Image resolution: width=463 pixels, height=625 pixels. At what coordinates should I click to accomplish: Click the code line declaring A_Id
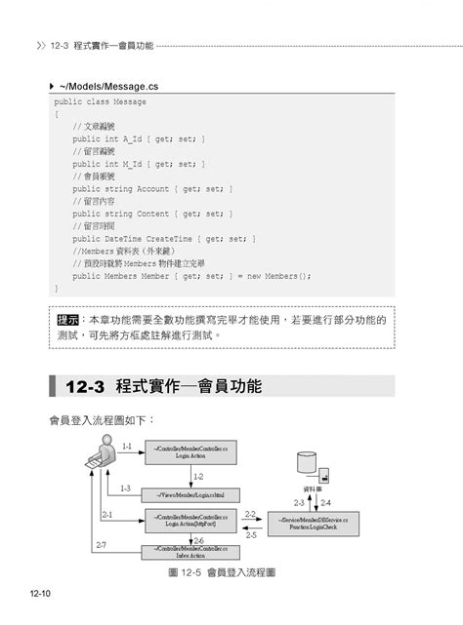tap(138, 138)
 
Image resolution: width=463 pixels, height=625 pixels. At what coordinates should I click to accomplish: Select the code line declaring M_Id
tap(138, 164)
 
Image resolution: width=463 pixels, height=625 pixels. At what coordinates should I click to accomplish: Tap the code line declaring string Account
tap(151, 188)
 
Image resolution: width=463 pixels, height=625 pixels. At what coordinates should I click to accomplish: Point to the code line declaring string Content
tap(151, 214)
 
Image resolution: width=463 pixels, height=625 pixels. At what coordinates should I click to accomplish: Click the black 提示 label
tap(68, 320)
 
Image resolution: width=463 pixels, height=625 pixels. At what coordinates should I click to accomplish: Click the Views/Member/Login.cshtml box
tap(190, 493)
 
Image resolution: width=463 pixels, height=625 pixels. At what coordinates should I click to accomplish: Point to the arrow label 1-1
tap(127, 445)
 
